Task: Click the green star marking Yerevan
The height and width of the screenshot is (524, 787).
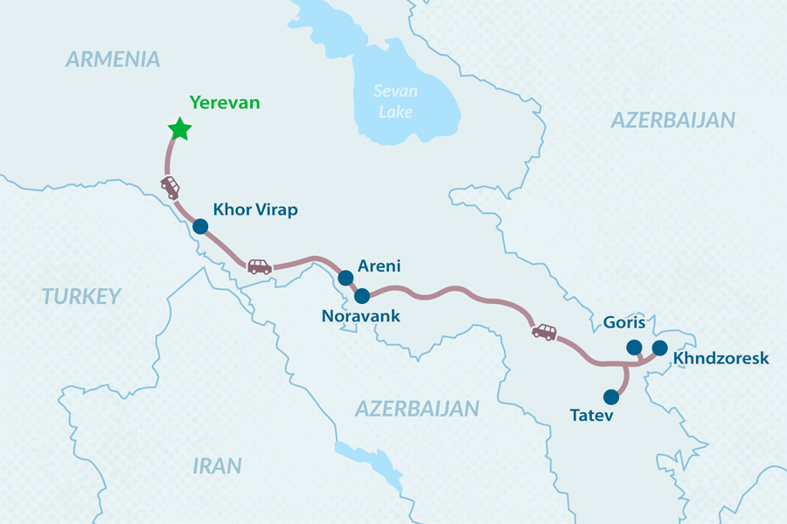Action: point(179,129)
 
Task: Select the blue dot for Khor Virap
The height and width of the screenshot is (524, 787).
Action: point(200,226)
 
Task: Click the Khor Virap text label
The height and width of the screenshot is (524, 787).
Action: point(255,210)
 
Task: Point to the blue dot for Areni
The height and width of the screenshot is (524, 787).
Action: point(346,279)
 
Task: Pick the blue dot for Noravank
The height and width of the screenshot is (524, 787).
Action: point(362,296)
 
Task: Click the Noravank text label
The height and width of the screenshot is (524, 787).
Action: point(361,316)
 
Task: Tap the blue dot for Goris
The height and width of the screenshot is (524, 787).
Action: point(633,347)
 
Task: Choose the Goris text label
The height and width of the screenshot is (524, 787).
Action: point(623,323)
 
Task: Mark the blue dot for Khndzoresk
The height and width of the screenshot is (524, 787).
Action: point(660,348)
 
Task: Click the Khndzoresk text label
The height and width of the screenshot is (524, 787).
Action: point(721,358)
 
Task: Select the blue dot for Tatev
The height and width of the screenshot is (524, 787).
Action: point(611,396)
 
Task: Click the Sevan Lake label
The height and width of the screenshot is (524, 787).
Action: point(395,101)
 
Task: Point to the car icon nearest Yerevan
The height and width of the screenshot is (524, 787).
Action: point(170,186)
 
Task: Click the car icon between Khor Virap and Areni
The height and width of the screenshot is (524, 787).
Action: point(259,265)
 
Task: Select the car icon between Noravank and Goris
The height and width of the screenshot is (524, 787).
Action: point(544,331)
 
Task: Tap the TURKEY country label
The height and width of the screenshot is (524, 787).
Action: point(81,297)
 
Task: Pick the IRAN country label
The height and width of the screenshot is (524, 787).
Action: point(217,465)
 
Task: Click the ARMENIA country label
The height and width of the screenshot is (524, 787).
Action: point(113,59)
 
